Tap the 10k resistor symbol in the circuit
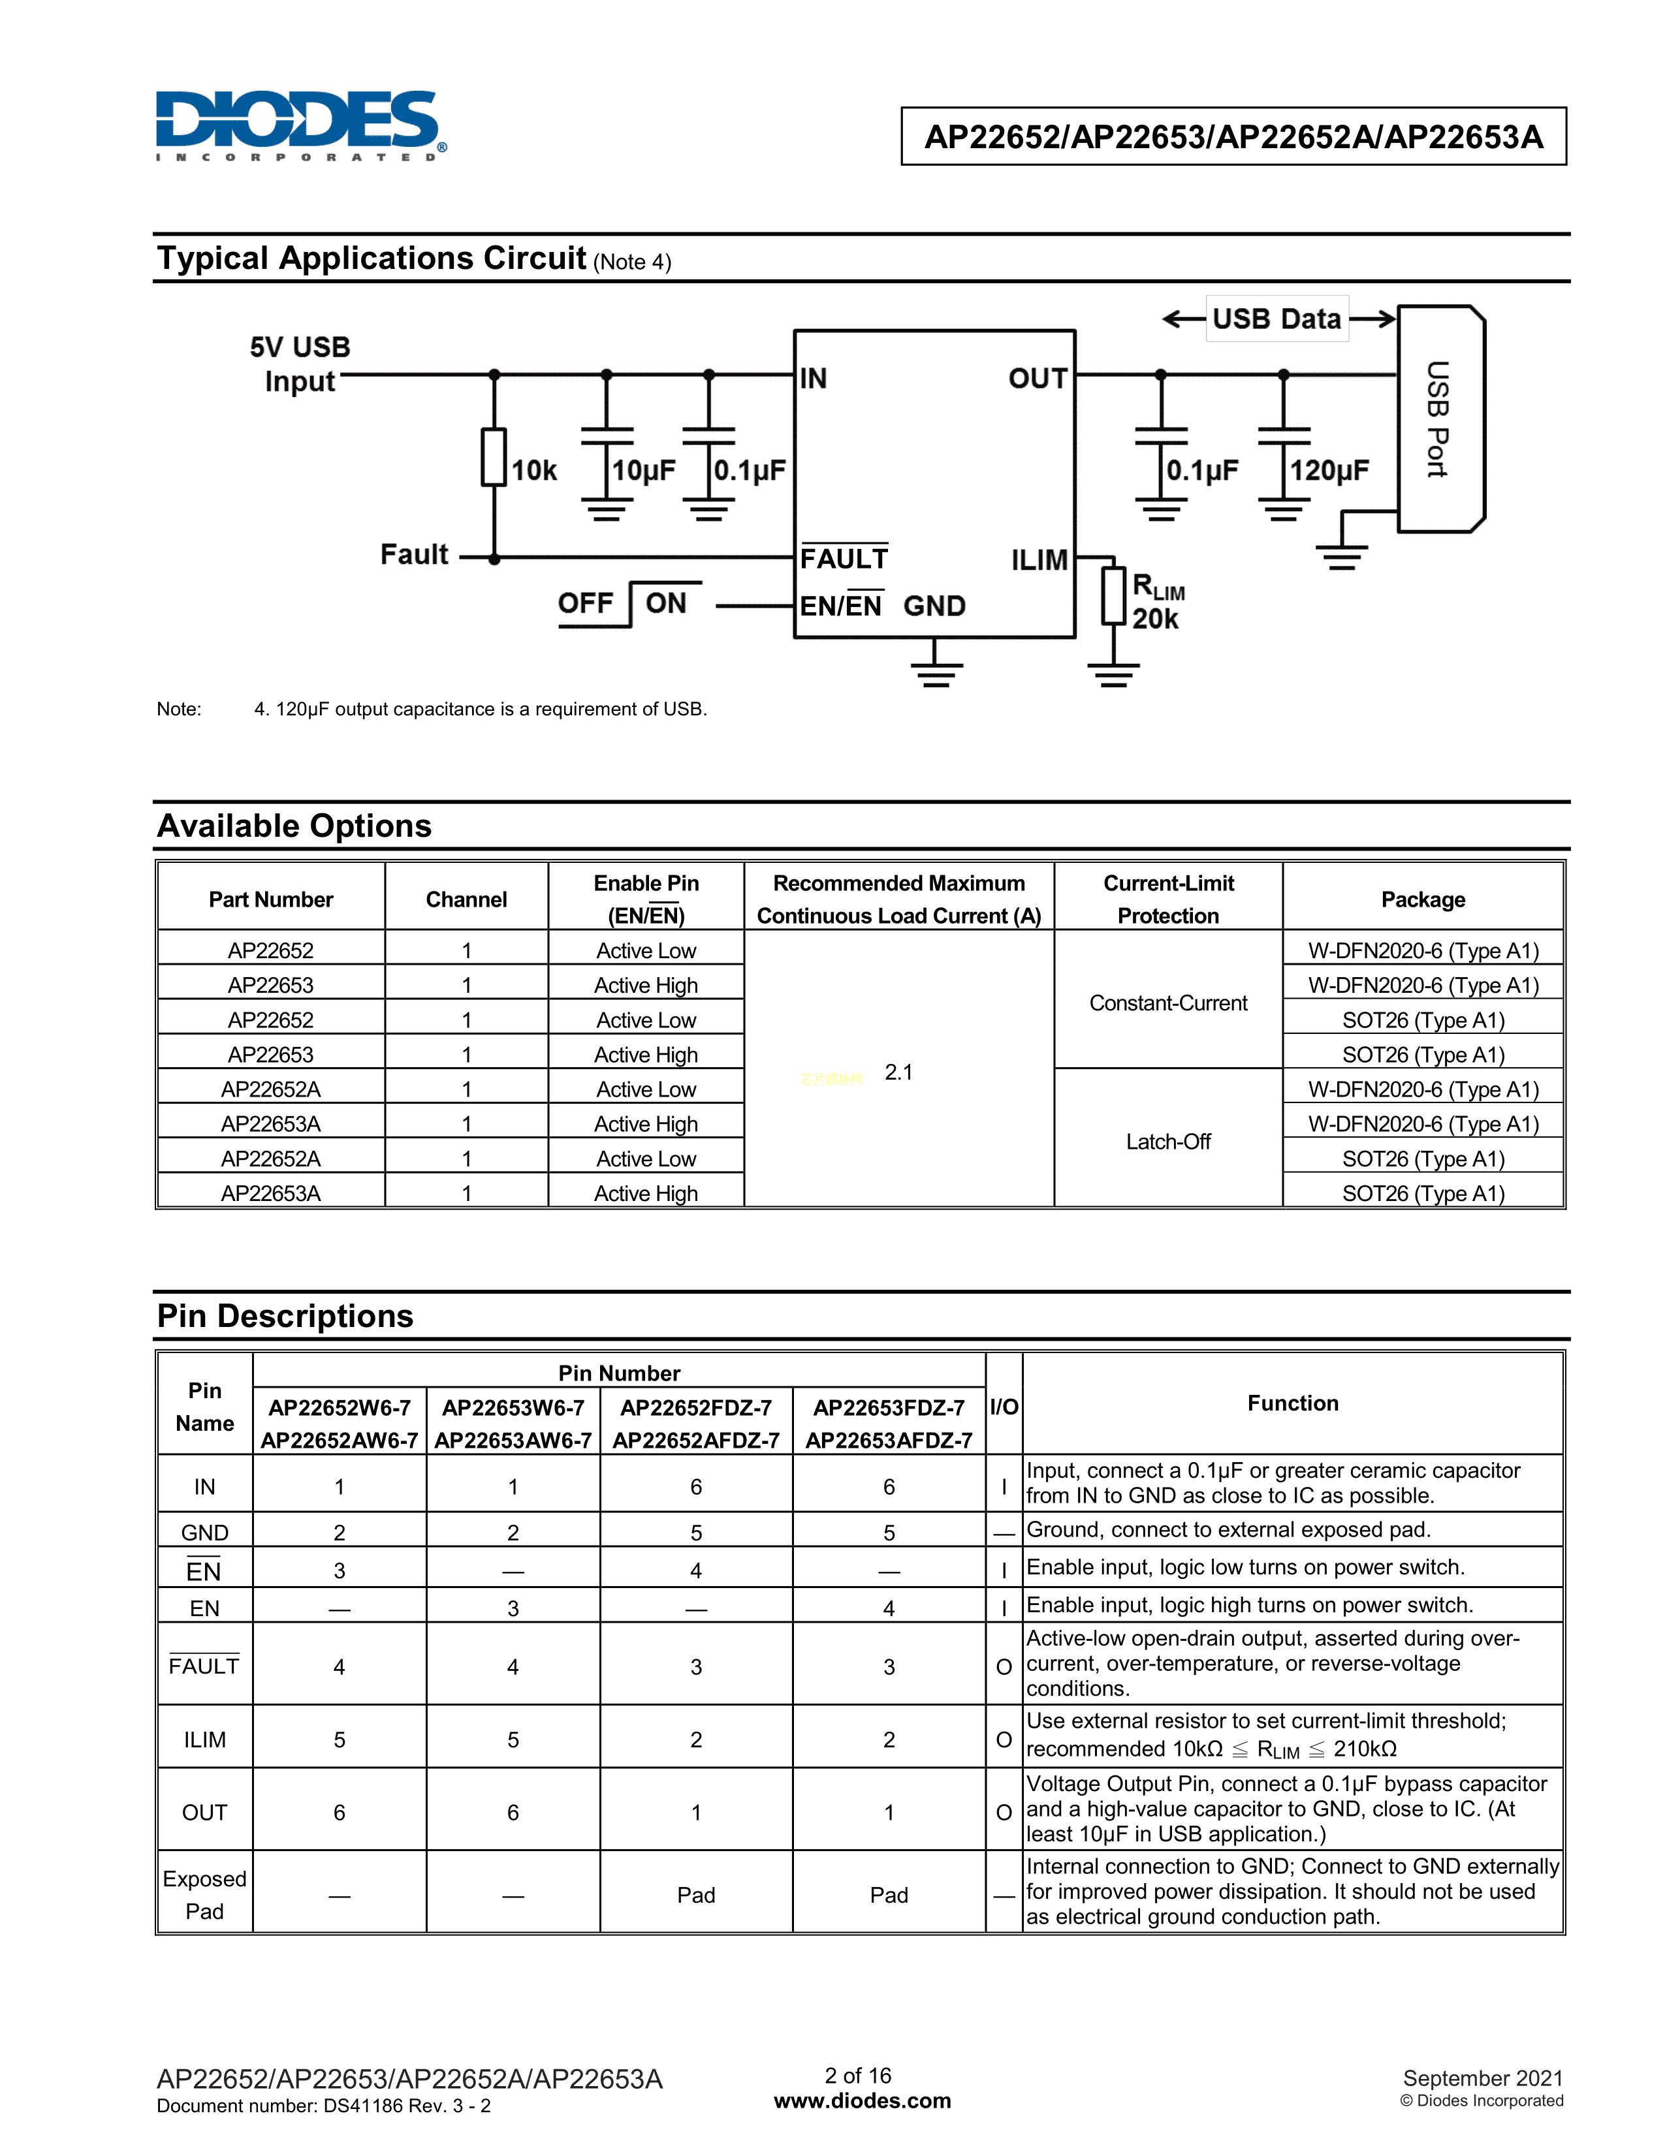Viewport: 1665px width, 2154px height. pos(494,457)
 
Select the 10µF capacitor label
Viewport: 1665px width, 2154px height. pos(643,471)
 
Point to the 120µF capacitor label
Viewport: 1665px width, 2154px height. pos(1329,471)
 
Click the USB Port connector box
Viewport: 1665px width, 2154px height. pos(1440,419)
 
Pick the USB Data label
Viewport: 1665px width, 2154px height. pos(1276,319)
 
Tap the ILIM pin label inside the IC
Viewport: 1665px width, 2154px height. pos(1039,560)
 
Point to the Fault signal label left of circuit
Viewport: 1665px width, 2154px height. pos(414,554)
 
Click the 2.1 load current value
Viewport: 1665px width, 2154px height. pos(898,1072)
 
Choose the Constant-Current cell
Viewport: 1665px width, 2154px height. pos(1168,1003)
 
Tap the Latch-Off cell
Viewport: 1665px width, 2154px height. pos(1168,1141)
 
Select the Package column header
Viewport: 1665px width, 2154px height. pos(1422,899)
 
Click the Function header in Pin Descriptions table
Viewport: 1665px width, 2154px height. pos(1292,1403)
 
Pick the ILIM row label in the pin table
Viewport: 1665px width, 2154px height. pos(204,1740)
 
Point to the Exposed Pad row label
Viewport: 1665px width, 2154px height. pos(204,1895)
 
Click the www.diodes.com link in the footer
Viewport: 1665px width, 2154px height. pos(862,2100)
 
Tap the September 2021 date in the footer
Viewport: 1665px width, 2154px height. pos(1483,2078)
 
